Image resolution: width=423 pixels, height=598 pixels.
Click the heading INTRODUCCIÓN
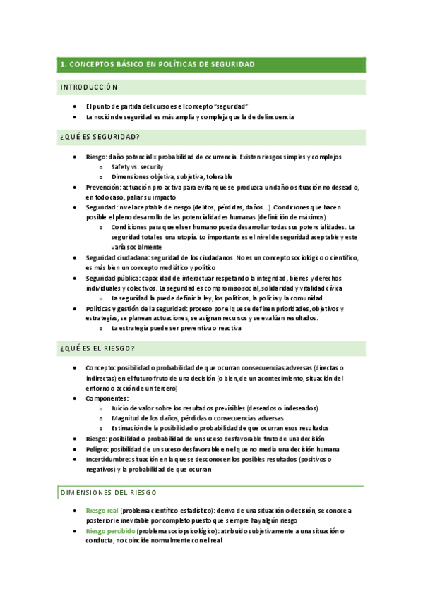(x=89, y=87)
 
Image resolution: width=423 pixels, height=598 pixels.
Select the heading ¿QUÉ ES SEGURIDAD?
(x=100, y=136)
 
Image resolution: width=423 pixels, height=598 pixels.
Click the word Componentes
(x=107, y=398)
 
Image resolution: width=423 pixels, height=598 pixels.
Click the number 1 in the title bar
(x=63, y=64)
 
